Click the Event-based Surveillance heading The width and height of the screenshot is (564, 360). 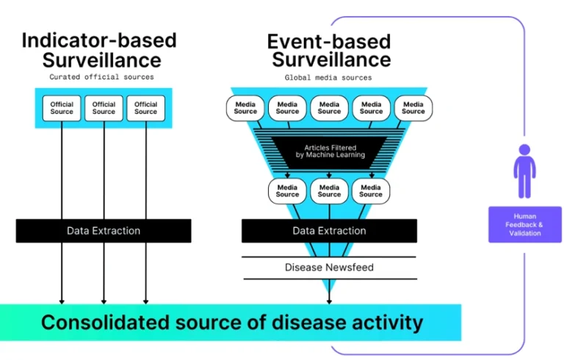click(328, 49)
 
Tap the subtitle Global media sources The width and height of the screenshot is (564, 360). click(328, 76)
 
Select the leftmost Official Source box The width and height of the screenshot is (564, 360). click(62, 108)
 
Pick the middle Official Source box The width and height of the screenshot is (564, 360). click(104, 108)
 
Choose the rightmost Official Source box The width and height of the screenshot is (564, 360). click(145, 108)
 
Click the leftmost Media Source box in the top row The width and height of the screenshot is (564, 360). click(245, 107)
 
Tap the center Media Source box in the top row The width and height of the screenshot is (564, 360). click(329, 107)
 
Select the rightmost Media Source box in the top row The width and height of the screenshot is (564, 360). click(413, 107)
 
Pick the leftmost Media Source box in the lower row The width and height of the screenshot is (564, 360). click(287, 191)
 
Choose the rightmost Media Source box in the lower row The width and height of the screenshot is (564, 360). click(371, 191)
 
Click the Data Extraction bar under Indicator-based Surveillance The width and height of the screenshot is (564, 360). click(104, 231)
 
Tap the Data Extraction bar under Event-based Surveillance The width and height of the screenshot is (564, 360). click(329, 231)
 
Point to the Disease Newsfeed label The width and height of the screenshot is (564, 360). click(329, 267)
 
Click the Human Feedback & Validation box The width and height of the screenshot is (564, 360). click(524, 224)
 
